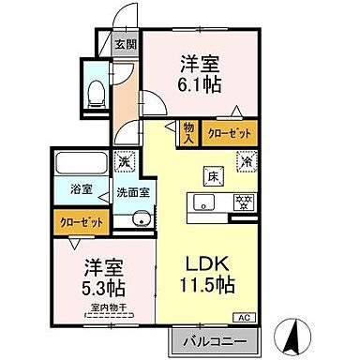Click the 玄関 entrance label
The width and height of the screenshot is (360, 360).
point(126,44)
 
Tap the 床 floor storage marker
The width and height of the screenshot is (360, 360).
point(213,173)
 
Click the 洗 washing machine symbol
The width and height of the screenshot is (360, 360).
point(122,161)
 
